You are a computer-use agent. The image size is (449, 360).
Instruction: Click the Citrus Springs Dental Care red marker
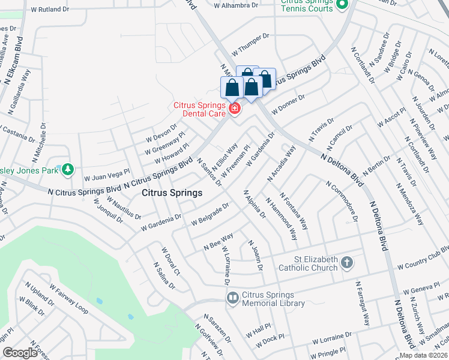(x=234, y=109)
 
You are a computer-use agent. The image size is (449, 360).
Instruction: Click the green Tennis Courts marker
(x=343, y=5)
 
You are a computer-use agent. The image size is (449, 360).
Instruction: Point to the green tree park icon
(x=68, y=170)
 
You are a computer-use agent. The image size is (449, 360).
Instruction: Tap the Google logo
(x=20, y=353)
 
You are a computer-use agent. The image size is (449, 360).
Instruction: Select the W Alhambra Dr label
(x=236, y=5)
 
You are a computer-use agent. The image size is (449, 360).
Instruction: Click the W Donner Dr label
(x=288, y=104)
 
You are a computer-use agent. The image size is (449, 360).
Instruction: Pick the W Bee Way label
(x=218, y=242)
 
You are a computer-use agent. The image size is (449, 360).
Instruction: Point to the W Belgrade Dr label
(x=210, y=215)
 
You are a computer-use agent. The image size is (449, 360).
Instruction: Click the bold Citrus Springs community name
(x=172, y=194)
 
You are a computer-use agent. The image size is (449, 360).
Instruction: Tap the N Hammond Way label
(x=282, y=218)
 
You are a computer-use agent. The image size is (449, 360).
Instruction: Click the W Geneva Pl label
(x=423, y=290)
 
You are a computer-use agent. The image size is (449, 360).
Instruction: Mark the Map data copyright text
(x=423, y=355)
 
